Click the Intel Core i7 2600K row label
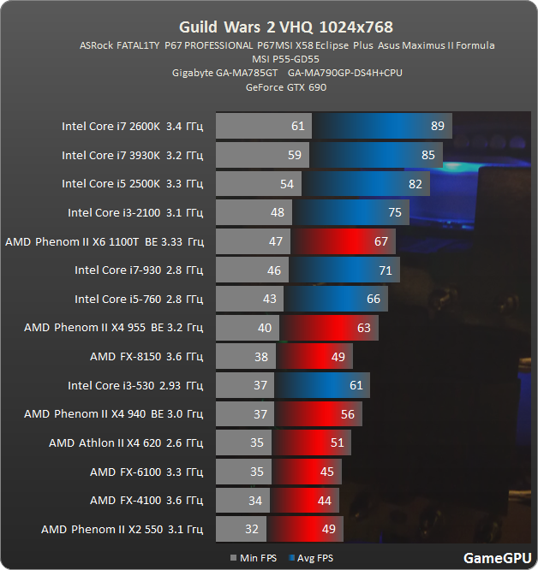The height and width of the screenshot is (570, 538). [132, 127]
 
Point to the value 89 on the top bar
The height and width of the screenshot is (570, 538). [438, 127]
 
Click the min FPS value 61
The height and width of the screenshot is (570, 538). [298, 127]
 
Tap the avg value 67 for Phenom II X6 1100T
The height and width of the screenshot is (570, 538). [381, 241]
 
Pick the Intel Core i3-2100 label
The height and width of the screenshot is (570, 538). [134, 213]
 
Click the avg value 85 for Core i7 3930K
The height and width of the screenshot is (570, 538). [428, 156]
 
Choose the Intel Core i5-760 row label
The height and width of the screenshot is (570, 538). [138, 299]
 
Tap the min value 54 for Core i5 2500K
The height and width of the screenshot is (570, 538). [286, 184]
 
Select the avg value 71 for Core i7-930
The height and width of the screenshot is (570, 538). [385, 270]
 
